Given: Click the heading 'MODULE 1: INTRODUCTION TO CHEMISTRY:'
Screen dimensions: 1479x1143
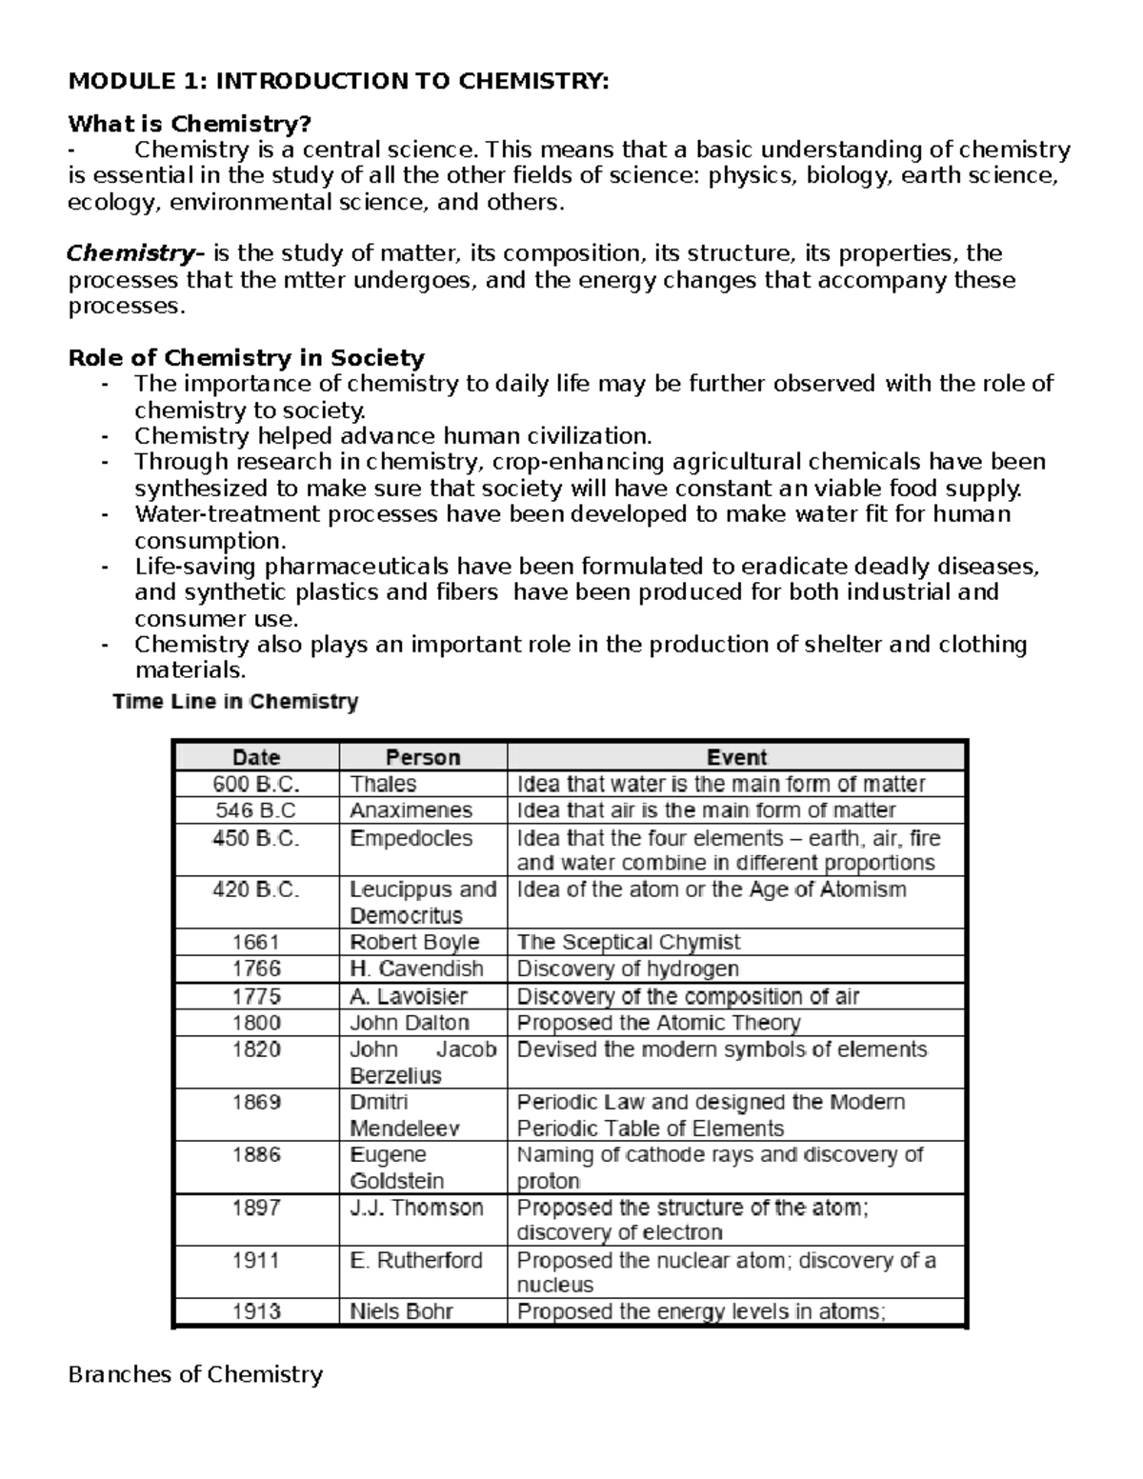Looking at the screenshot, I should [337, 81].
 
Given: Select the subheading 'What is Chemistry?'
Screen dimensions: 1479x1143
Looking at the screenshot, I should [190, 124].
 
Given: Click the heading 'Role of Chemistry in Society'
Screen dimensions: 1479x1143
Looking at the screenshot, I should [246, 358].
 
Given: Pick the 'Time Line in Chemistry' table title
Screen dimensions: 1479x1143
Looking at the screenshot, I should [235, 703].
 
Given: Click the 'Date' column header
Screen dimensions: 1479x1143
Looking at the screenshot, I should [256, 758].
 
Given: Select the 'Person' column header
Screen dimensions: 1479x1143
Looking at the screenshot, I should [422, 758].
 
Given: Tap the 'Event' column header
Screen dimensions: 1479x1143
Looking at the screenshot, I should [736, 758].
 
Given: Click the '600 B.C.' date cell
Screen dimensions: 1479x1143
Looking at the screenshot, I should [256, 785].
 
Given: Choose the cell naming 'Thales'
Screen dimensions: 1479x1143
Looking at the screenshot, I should [383, 785].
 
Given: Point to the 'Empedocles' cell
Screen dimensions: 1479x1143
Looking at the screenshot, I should [411, 839].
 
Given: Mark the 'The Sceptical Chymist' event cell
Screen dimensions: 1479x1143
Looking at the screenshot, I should [628, 943].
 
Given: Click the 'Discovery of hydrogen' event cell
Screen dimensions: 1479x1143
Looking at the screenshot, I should [627, 969].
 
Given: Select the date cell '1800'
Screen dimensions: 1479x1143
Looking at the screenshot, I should [256, 1023].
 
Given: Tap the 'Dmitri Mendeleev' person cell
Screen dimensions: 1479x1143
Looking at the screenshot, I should [405, 1115].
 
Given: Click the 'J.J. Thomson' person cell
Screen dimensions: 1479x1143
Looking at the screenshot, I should [416, 1208].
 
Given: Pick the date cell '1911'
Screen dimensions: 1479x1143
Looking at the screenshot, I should [256, 1261].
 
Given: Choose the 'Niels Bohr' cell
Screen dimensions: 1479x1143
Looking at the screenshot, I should [401, 1311].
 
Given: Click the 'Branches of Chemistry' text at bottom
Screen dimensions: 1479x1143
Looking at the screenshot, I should [195, 1374].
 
